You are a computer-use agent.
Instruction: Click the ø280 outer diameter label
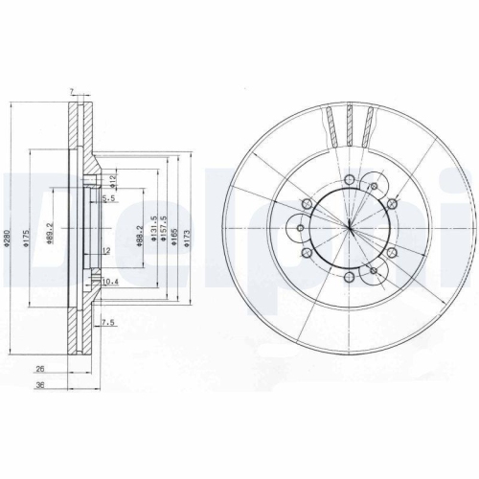(x=7, y=241)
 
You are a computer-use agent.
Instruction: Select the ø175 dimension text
(x=30, y=240)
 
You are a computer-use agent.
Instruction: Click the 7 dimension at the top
(x=73, y=91)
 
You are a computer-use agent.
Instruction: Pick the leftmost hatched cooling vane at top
(x=331, y=125)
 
